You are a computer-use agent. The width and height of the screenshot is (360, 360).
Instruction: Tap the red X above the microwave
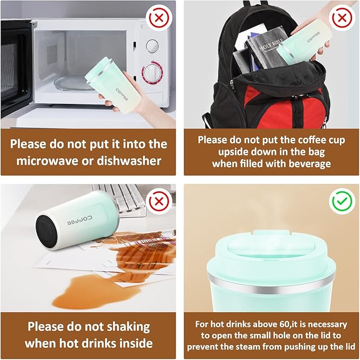click(159, 17)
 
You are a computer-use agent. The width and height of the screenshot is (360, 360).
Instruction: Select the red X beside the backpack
click(342, 17)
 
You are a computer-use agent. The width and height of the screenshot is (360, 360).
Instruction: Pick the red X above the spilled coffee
click(159, 201)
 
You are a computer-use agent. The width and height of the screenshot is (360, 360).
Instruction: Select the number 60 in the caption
click(285, 324)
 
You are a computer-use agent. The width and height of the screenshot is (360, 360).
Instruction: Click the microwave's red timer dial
click(153, 72)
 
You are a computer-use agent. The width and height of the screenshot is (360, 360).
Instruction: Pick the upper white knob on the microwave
click(152, 46)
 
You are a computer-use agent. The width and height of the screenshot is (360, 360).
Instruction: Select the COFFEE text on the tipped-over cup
click(80, 220)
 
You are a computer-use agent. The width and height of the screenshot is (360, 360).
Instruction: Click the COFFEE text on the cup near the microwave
click(122, 94)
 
